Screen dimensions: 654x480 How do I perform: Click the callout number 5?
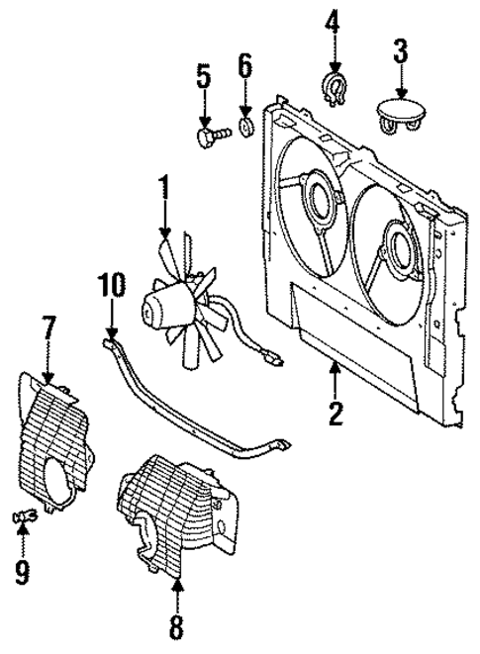(x=204, y=76)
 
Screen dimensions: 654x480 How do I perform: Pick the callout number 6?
(x=244, y=68)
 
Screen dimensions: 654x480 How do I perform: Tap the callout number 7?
(x=49, y=327)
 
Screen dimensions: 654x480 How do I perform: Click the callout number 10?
(x=112, y=287)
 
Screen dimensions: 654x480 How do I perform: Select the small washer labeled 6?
(x=245, y=126)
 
